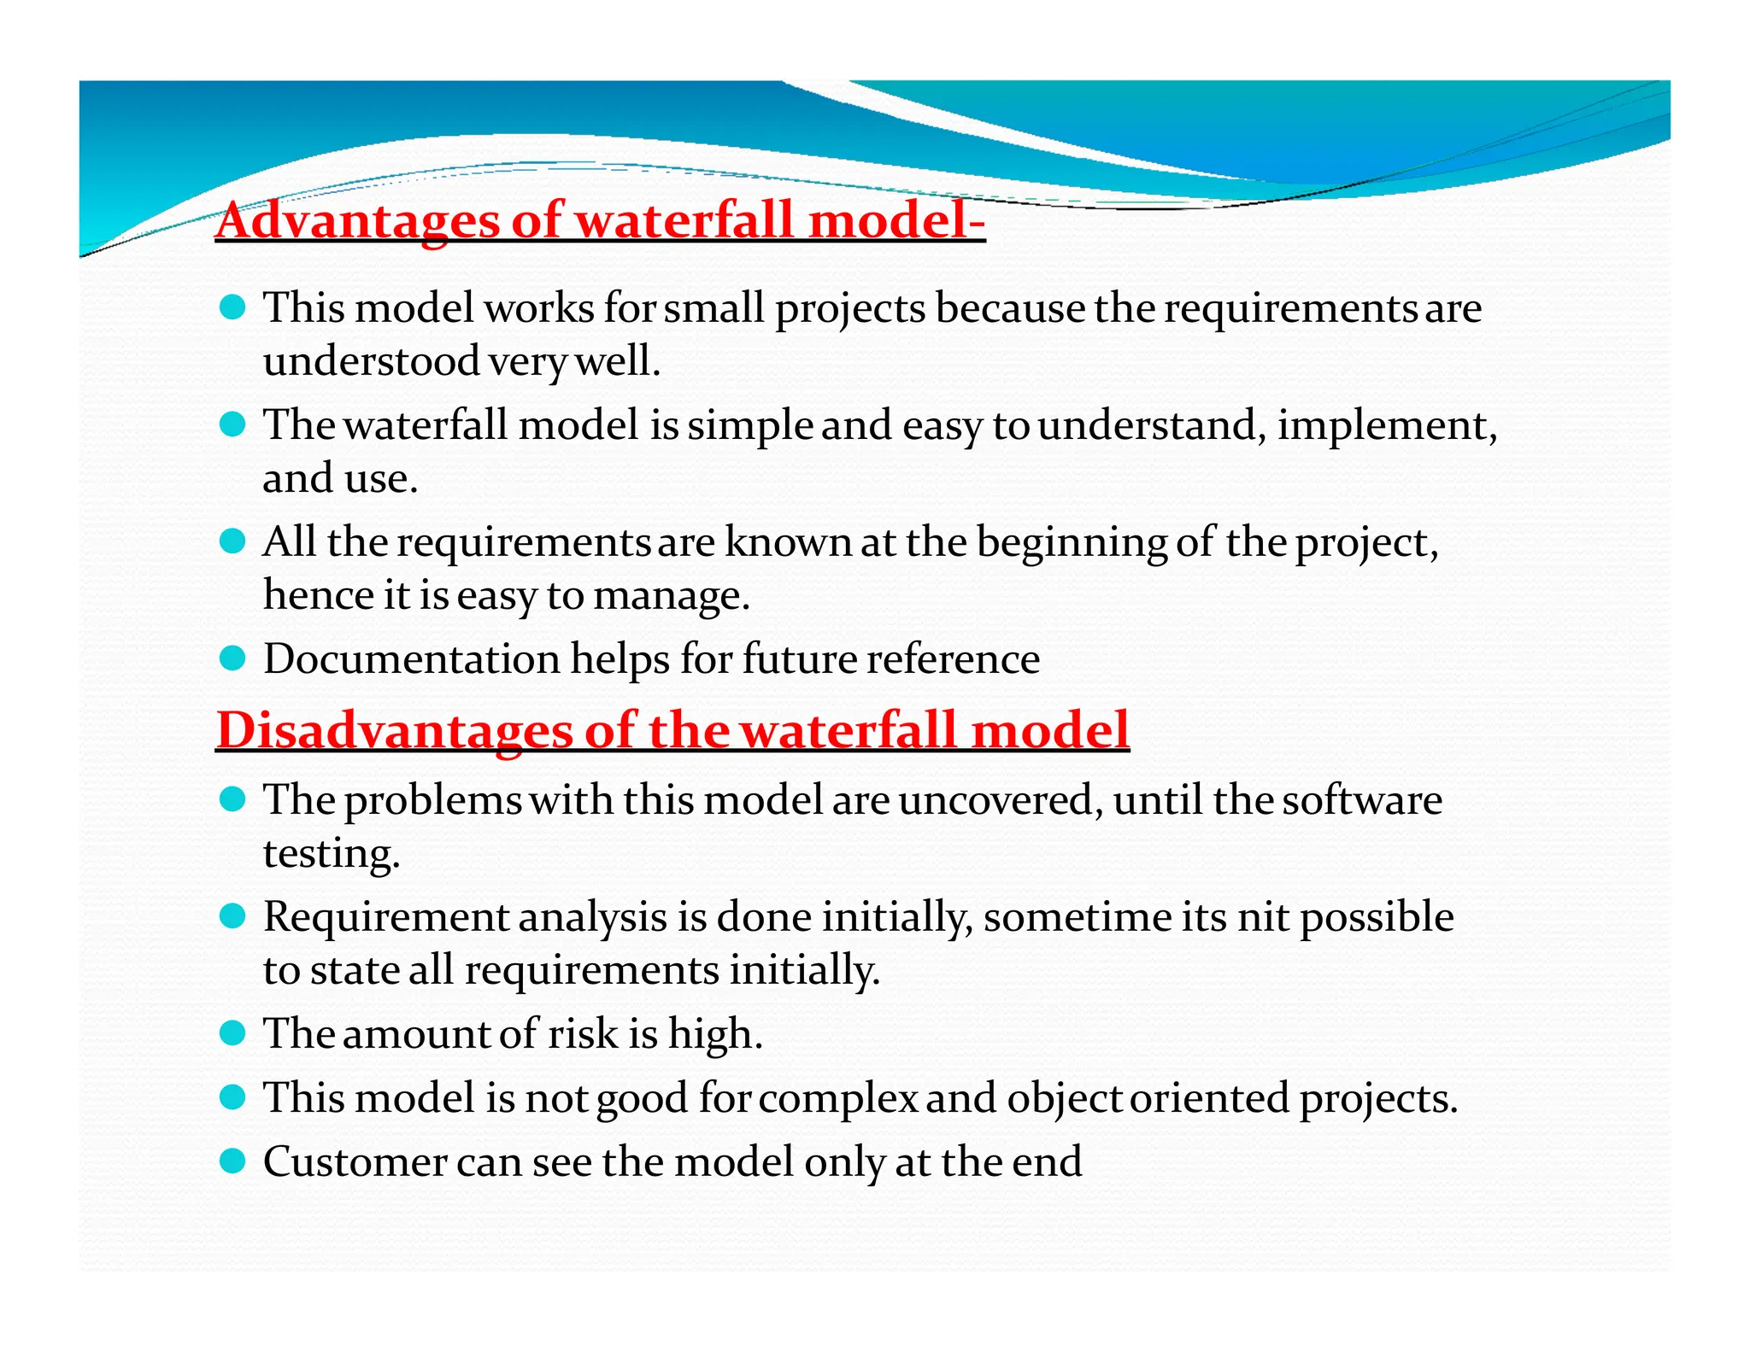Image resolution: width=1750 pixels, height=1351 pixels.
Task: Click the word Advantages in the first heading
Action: [x=357, y=220]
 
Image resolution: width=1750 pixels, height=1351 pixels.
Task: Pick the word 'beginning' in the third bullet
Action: [x=1071, y=543]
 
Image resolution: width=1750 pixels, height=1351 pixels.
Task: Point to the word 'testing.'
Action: [x=332, y=853]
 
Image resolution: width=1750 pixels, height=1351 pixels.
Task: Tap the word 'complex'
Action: [x=837, y=1098]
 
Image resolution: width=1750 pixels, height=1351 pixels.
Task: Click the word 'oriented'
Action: [x=1209, y=1097]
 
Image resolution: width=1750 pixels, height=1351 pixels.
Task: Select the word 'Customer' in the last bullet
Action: [x=354, y=1161]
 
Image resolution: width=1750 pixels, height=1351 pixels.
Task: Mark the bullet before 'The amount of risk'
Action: [x=232, y=1033]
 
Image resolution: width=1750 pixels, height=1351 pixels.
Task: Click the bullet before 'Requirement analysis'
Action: [x=232, y=916]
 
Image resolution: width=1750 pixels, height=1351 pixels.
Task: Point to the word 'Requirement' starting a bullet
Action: [x=386, y=917]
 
